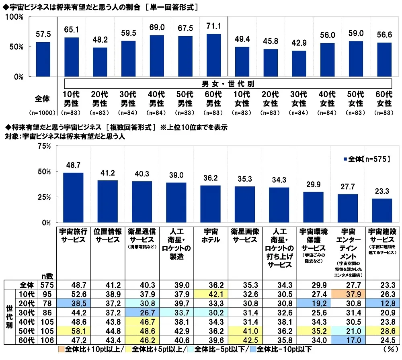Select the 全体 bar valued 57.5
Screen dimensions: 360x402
(43, 59)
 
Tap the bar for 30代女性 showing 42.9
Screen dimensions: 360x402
(299, 63)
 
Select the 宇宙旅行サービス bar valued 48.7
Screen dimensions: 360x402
(73, 197)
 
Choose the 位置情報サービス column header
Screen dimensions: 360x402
(107, 235)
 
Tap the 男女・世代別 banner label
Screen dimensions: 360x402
(228, 84)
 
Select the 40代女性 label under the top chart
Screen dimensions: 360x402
(328, 99)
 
